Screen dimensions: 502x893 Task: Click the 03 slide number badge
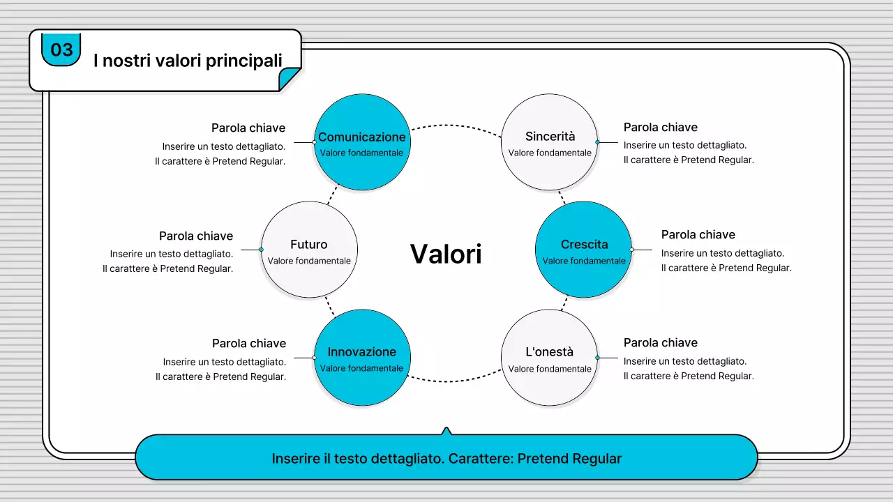pos(61,50)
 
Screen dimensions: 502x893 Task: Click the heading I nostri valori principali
pos(188,61)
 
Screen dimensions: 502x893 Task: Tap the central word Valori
pos(446,254)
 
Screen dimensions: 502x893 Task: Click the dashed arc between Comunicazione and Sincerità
pos(456,125)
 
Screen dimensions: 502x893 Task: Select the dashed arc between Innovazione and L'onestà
pos(456,381)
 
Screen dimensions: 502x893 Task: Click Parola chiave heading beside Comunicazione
pos(248,128)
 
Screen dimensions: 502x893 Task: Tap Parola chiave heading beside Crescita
pos(698,234)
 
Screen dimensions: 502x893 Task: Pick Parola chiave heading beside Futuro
pos(196,236)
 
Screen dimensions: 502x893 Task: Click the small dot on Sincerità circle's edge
pos(597,142)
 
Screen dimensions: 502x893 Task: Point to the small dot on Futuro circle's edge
pos(261,249)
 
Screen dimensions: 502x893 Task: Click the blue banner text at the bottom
pos(446,459)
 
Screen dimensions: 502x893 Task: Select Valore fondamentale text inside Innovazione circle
pos(361,368)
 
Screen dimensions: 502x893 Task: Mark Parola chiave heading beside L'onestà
pos(660,342)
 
